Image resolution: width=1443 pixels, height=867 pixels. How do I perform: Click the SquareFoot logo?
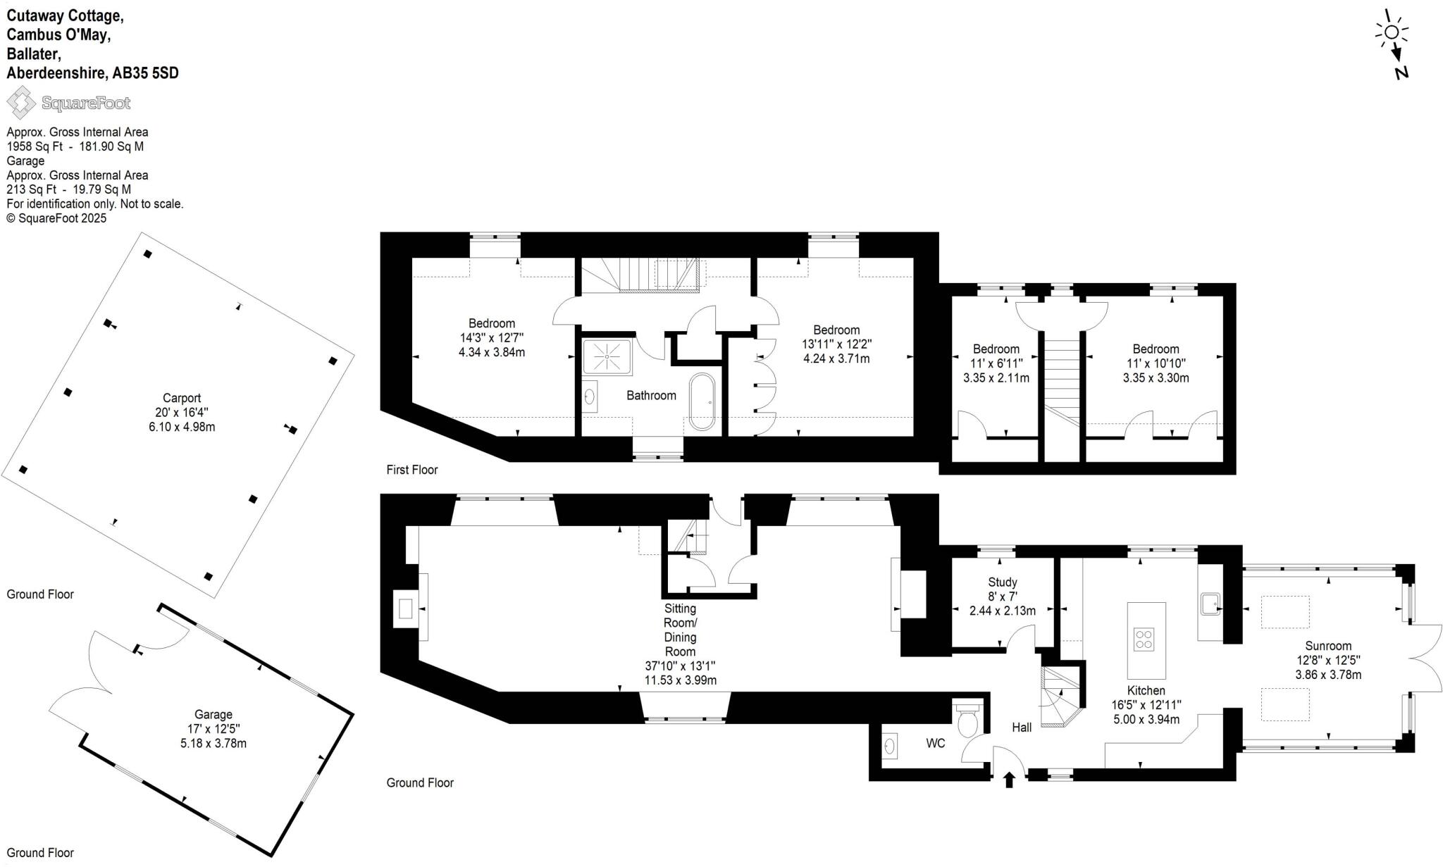click(68, 104)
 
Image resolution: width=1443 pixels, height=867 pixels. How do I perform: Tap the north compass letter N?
click(1401, 73)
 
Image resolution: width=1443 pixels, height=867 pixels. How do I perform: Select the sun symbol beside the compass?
click(1392, 32)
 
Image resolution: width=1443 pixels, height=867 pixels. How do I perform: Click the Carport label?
click(182, 398)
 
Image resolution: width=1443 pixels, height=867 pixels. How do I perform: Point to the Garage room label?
click(213, 714)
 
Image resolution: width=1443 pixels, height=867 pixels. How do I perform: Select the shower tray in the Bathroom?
click(607, 356)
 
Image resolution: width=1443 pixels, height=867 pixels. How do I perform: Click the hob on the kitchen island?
click(1144, 640)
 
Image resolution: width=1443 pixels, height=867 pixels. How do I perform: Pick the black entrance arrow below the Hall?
click(1009, 779)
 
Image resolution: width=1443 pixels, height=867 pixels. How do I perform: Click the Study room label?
click(1002, 582)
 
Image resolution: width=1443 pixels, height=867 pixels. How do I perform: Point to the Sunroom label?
click(1328, 646)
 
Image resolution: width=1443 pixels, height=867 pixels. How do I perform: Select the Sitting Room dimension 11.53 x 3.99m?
click(681, 680)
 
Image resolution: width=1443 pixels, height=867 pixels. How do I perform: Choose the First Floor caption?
click(412, 470)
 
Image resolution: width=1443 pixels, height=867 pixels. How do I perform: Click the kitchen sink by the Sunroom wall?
click(1210, 604)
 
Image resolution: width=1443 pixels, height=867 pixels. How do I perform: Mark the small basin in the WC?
click(890, 746)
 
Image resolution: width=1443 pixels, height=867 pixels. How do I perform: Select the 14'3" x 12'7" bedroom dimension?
click(492, 338)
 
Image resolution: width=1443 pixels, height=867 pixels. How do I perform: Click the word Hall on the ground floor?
click(1022, 727)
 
